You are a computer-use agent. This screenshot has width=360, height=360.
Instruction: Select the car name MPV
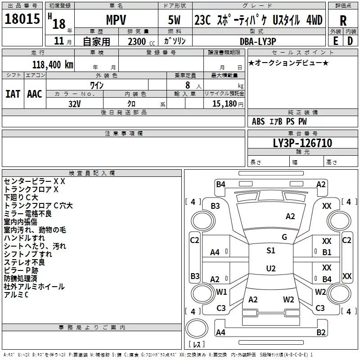click(x=116, y=21)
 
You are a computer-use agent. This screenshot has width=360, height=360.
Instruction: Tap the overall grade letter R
click(x=343, y=21)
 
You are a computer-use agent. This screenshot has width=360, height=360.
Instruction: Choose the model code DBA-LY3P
click(x=257, y=42)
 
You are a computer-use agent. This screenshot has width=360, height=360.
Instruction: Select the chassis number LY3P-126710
click(x=302, y=143)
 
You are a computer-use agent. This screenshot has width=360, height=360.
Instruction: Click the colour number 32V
click(x=75, y=103)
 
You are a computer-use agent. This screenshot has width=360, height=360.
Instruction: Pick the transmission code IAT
click(x=13, y=94)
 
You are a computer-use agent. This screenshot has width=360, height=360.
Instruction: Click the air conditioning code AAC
click(x=35, y=94)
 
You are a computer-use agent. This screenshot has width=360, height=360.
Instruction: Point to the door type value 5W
click(x=175, y=21)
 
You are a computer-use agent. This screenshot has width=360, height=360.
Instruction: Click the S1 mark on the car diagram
click(x=270, y=251)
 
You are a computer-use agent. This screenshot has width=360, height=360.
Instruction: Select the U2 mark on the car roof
click(x=270, y=269)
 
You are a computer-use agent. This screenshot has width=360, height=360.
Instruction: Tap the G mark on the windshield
click(x=284, y=237)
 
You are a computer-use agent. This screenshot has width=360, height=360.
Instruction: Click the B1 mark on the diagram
click(x=327, y=252)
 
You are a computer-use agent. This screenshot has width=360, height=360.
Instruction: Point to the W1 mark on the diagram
click(x=221, y=292)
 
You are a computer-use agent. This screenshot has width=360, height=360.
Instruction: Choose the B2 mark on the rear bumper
click(x=321, y=333)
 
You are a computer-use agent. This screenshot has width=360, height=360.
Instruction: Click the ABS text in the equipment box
click(x=258, y=121)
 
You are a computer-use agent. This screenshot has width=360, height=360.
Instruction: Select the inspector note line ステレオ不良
click(x=24, y=262)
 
